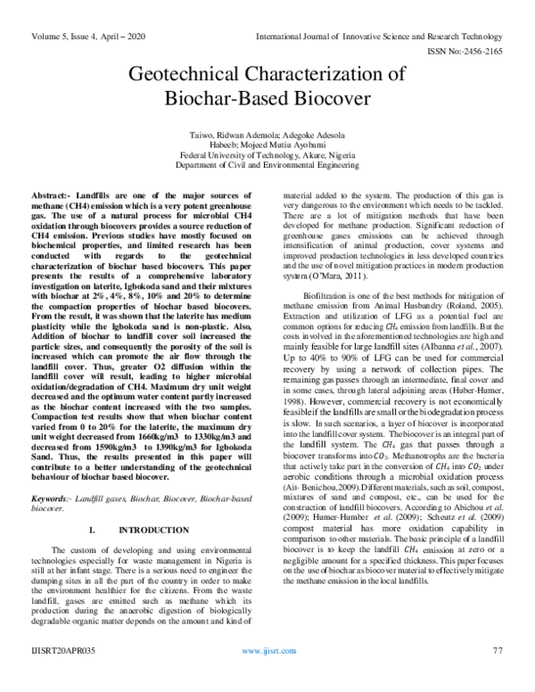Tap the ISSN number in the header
click(478, 51)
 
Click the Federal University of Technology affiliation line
click(268, 152)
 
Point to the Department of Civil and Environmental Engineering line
click(268, 164)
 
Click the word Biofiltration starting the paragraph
click(329, 293)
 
